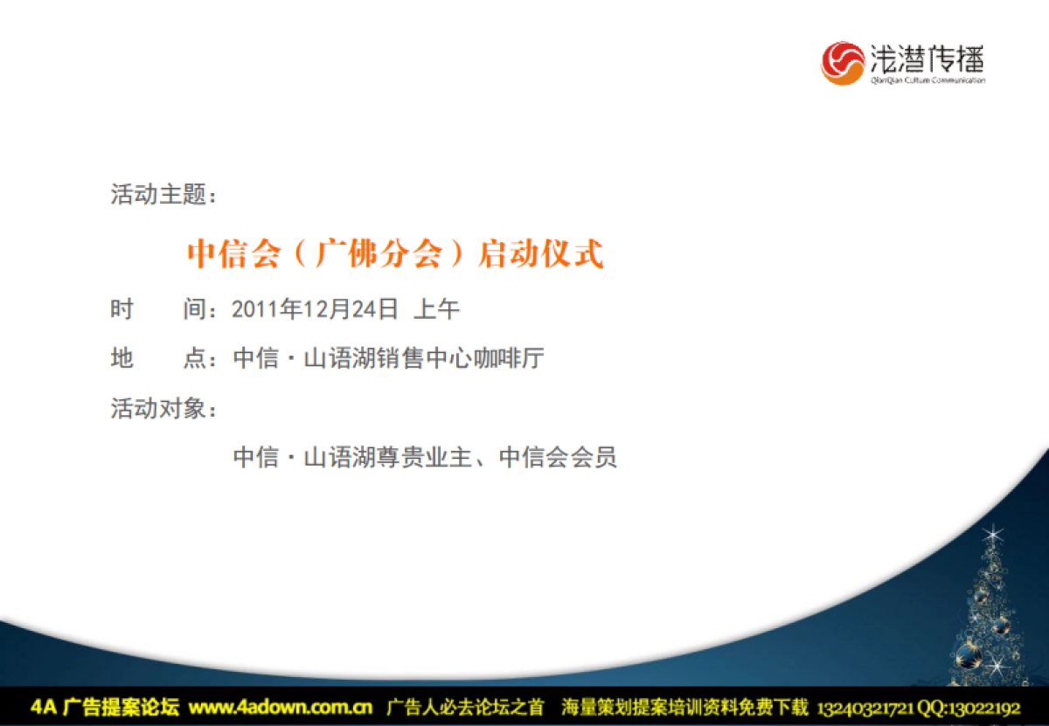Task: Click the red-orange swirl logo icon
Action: point(843,63)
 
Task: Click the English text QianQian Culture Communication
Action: point(927,80)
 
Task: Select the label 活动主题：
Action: point(163,194)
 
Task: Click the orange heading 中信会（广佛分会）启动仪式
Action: point(395,253)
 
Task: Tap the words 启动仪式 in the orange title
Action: point(540,253)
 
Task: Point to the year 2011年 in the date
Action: point(267,309)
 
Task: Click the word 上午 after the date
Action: point(436,309)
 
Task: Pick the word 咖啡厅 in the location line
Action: point(509,358)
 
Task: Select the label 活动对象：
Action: point(163,408)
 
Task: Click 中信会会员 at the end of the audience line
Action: point(558,457)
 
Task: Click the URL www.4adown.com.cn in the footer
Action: point(281,707)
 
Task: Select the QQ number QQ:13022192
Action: point(969,708)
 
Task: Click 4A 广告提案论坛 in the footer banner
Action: point(104,707)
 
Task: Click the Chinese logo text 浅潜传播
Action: point(927,59)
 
